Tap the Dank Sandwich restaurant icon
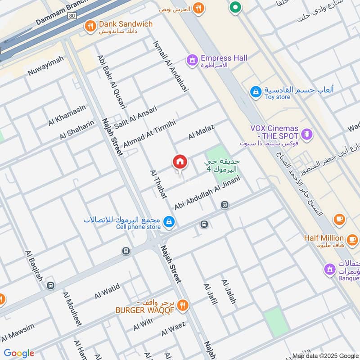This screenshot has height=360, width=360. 90,27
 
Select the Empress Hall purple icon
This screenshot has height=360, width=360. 193,59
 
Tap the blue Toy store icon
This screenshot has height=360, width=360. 256,92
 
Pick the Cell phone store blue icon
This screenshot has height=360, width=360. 169,221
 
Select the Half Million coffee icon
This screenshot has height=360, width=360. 339,220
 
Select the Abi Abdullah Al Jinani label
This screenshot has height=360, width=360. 207,193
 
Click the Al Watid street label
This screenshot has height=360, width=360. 107,291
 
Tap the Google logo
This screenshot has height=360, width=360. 19,353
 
